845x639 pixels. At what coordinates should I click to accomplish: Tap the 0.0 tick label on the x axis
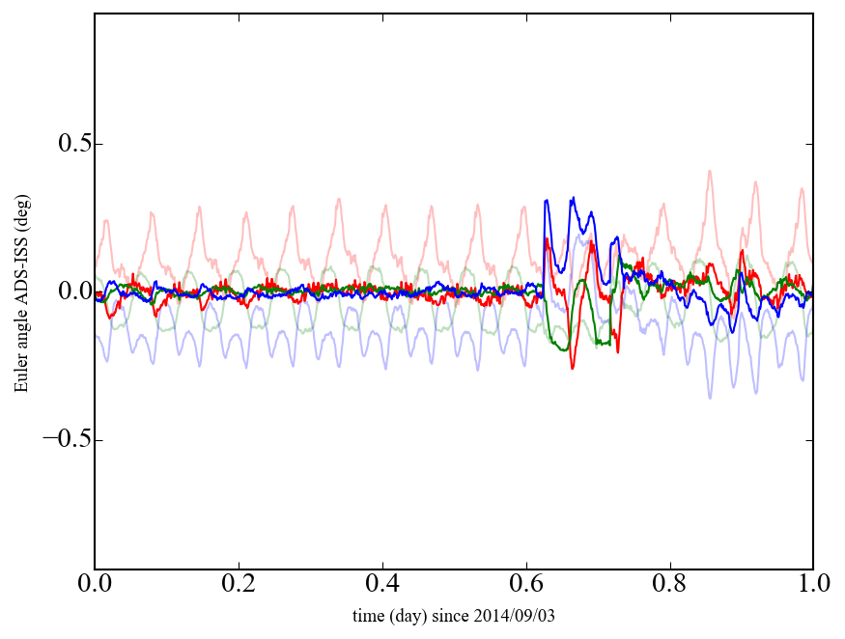click(x=95, y=585)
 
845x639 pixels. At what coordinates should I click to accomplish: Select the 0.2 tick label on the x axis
click(x=239, y=585)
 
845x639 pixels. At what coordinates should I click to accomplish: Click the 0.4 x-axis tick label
click(x=382, y=585)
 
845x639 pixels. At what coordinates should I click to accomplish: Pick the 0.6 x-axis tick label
click(x=526, y=585)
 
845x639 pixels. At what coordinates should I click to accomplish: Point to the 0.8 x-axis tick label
click(x=669, y=585)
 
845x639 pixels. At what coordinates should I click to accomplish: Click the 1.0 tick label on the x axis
click(x=813, y=585)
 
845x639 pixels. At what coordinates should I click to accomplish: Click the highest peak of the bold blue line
click(x=574, y=198)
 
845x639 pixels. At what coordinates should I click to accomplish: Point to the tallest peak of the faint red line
click(x=710, y=171)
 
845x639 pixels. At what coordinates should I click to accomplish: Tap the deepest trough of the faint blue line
click(x=710, y=398)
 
